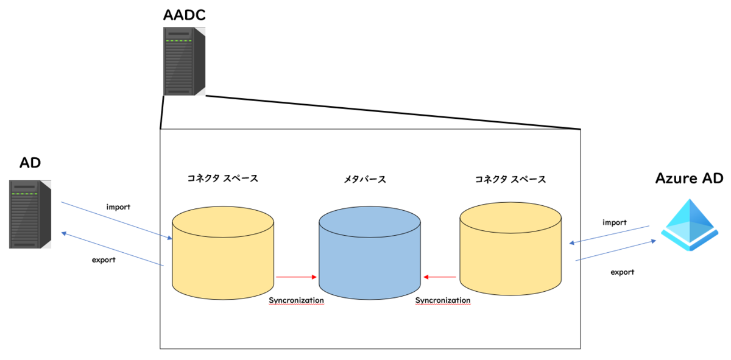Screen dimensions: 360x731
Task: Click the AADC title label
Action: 184,15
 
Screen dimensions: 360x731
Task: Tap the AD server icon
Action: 30,214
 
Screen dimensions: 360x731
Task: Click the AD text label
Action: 30,163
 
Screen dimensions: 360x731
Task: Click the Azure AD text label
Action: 690,178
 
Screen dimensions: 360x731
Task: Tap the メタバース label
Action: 365,180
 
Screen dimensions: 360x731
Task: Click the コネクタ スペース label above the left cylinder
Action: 223,178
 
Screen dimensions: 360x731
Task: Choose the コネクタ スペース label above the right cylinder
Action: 510,179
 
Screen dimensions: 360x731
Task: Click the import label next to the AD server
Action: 118,206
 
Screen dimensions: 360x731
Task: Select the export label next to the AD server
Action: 104,260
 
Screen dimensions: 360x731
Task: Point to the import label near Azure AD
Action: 614,222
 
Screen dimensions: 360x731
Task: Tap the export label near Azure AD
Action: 622,272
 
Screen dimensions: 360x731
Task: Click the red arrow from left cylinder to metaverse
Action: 296,277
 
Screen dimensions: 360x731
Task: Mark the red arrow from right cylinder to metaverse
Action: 440,277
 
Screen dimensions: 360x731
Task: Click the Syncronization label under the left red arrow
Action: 296,300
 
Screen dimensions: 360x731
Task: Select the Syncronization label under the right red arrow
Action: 443,300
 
